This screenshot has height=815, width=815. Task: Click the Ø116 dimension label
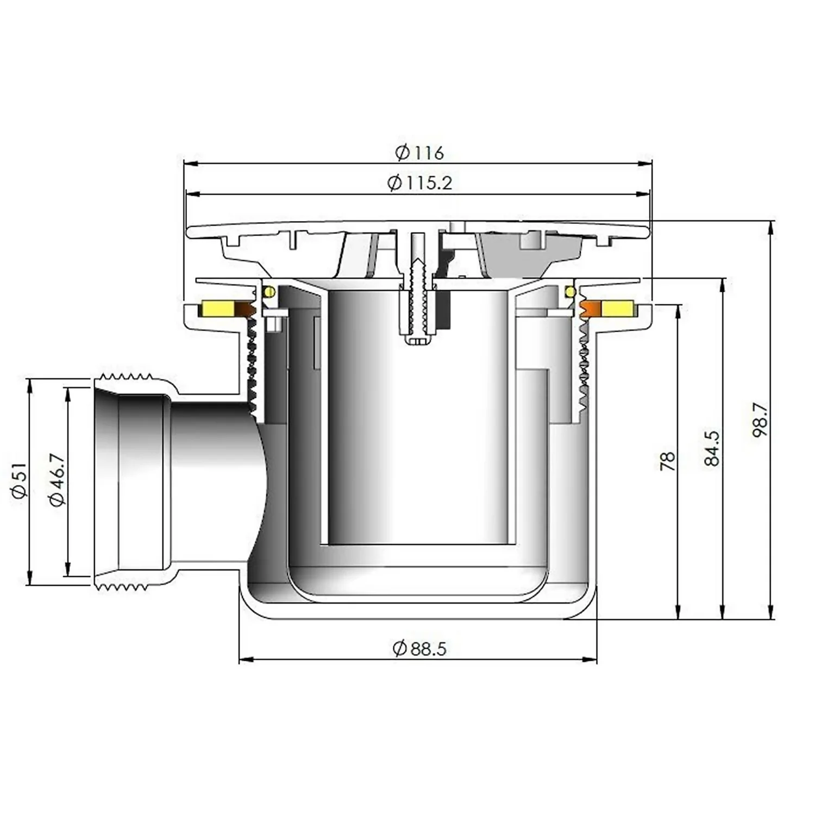tap(419, 153)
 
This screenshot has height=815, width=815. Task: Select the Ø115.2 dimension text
tap(419, 183)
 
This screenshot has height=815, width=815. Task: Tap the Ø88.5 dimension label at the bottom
tap(419, 648)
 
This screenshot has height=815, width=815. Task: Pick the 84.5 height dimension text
tap(712, 448)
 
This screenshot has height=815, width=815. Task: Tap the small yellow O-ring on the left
tap(268, 292)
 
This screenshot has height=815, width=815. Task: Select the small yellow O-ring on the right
tap(570, 292)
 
